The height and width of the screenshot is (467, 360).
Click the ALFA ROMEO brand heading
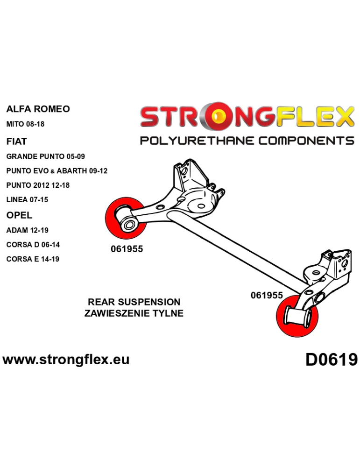pyautogui.click(x=38, y=109)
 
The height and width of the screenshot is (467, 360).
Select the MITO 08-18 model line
pyautogui.click(x=25, y=125)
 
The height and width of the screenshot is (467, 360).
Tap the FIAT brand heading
pyautogui.click(x=17, y=141)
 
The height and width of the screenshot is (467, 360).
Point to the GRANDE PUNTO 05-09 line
pyautogui.click(x=46, y=156)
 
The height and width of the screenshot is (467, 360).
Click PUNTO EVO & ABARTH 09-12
pyautogui.click(x=56, y=171)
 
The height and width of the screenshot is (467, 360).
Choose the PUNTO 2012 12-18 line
pyautogui.click(x=38, y=185)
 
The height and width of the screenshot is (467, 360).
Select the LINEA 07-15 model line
pyautogui.click(x=27, y=200)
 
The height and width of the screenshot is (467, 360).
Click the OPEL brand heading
pyautogui.click(x=19, y=215)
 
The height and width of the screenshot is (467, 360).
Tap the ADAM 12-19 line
pyautogui.click(x=27, y=230)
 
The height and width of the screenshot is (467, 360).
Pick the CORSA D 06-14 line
pyautogui.click(x=33, y=245)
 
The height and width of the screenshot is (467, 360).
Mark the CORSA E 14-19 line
pyautogui.click(x=33, y=259)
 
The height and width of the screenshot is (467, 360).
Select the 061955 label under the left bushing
pyautogui.click(x=127, y=249)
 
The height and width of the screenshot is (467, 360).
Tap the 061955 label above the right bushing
pyautogui.click(x=267, y=295)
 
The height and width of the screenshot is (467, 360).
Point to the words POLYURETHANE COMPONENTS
pyautogui.click(x=247, y=141)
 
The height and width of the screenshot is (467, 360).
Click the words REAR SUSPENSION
pyautogui.click(x=134, y=302)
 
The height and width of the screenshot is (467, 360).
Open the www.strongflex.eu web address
pyautogui.click(x=66, y=360)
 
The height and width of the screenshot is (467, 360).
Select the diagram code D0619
pyautogui.click(x=332, y=360)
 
